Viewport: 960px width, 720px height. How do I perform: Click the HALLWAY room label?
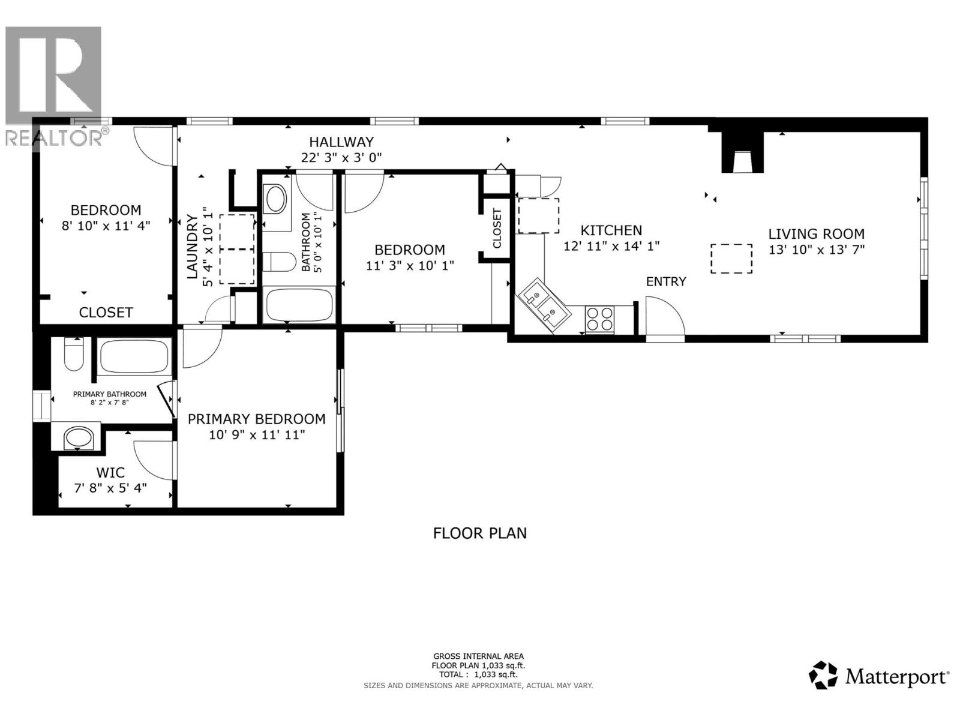[341, 142]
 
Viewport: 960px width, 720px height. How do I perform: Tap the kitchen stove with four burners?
[599, 319]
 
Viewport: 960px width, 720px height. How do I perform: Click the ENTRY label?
[665, 281]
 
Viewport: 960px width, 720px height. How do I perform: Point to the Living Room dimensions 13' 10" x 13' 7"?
[817, 250]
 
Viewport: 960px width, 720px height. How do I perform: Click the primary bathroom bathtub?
[134, 356]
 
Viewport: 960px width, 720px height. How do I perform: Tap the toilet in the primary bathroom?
[74, 354]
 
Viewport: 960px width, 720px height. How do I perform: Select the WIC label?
[110, 472]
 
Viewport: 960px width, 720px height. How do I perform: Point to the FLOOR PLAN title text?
[480, 533]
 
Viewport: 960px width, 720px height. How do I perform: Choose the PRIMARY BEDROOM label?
[257, 419]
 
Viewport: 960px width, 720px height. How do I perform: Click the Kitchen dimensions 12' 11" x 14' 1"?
[611, 246]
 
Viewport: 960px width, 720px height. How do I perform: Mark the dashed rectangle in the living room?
[731, 259]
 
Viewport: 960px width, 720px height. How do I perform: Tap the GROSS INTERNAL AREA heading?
[478, 656]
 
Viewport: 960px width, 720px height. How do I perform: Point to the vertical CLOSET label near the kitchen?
[497, 228]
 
